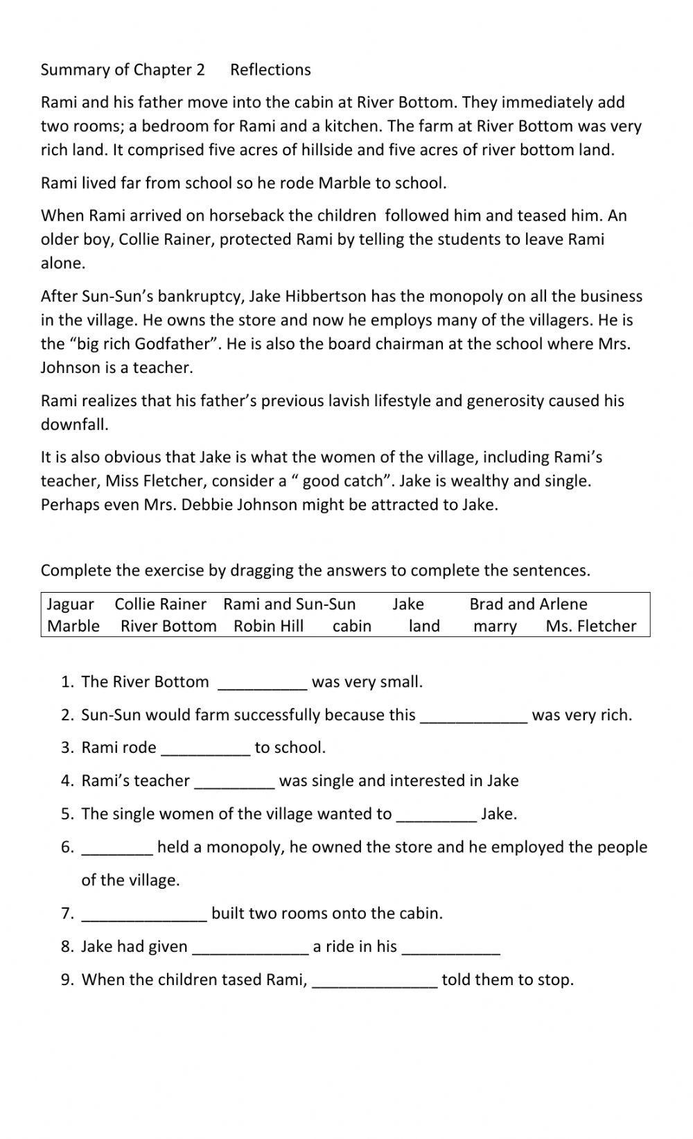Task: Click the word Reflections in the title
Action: click(270, 70)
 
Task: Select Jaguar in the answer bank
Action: click(70, 605)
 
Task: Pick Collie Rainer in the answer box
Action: click(160, 605)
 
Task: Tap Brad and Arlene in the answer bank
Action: click(528, 605)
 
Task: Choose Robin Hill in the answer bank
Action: click(268, 627)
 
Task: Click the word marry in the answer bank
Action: click(495, 627)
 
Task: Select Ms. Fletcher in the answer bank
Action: click(590, 627)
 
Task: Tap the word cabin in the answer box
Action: click(352, 627)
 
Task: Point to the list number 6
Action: click(67, 847)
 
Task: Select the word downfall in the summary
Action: click(74, 425)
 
